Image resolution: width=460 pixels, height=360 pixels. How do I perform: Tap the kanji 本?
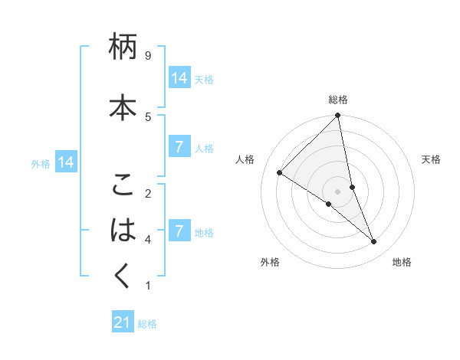123,106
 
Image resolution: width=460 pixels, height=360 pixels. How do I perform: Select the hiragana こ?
123,186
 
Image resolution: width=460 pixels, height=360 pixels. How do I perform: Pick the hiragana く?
123,275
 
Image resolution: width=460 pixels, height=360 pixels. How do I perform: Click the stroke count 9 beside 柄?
148,56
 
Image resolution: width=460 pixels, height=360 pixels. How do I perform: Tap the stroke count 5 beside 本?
148,116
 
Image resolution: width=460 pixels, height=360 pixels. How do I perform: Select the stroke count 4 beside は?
148,239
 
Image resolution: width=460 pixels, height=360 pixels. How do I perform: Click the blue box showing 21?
122,322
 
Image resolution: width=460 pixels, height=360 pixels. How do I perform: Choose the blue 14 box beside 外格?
65,162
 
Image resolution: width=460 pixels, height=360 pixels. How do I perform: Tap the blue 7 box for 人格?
179,147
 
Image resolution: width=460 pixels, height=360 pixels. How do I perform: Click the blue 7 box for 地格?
179,231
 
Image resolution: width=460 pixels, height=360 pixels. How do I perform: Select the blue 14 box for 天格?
179,77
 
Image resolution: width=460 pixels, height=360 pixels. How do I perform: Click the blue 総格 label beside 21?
147,324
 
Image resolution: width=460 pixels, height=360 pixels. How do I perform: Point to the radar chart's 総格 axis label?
338,100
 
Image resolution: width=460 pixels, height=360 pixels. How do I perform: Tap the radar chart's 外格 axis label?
270,262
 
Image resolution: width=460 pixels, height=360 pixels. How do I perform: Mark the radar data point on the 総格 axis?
338,116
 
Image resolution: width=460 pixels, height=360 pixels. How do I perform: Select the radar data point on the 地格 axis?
374,242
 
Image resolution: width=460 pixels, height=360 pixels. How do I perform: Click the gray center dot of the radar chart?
338,191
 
